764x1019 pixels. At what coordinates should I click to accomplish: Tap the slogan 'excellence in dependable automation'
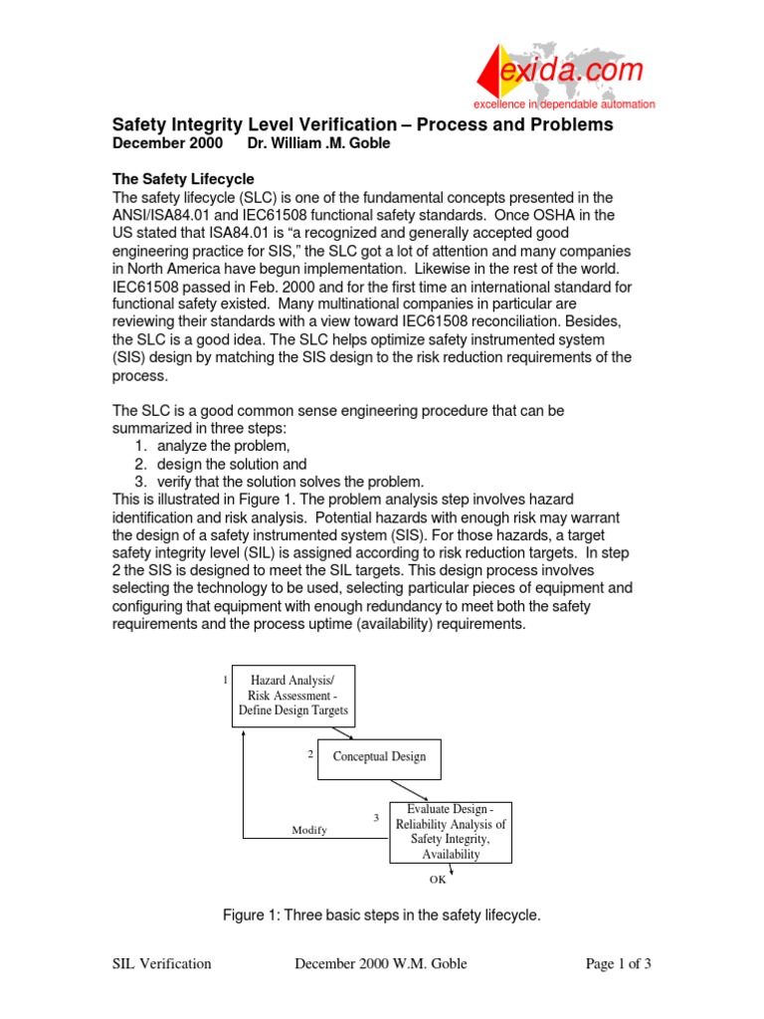564,104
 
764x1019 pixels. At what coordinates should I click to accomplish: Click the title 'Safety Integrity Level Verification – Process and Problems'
362,125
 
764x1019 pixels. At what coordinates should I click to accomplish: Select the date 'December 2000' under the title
158,143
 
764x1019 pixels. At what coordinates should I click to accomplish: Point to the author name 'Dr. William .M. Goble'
320,143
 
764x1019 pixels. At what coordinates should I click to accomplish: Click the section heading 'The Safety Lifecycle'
183,179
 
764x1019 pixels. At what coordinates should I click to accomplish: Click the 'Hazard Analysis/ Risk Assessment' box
293,695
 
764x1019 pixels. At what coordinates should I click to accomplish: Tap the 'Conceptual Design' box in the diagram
379,756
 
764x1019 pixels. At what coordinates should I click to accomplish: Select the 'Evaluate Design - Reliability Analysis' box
450,831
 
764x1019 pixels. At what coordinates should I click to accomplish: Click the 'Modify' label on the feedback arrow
309,830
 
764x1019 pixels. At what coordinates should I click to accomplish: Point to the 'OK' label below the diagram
438,879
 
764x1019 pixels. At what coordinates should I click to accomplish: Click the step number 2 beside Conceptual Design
310,754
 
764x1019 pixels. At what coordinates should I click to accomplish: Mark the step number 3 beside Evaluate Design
376,817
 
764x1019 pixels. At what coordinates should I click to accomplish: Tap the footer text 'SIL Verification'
161,963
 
